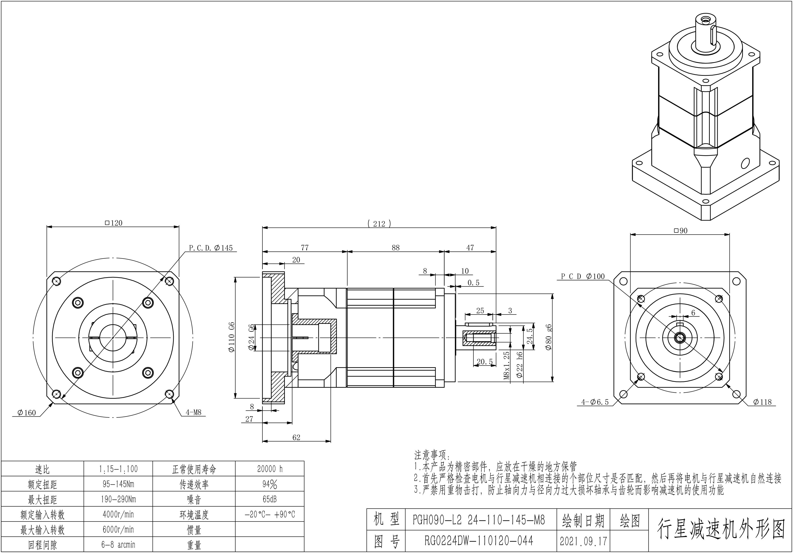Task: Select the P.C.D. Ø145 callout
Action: tap(211, 248)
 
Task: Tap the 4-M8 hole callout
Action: tap(193, 412)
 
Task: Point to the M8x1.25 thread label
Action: tap(507, 366)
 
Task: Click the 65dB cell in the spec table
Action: tap(269, 499)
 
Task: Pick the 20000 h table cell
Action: tap(269, 469)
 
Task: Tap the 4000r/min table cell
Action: tap(118, 514)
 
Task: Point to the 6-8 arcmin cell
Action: tap(118, 545)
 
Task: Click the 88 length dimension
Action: tap(396, 248)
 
